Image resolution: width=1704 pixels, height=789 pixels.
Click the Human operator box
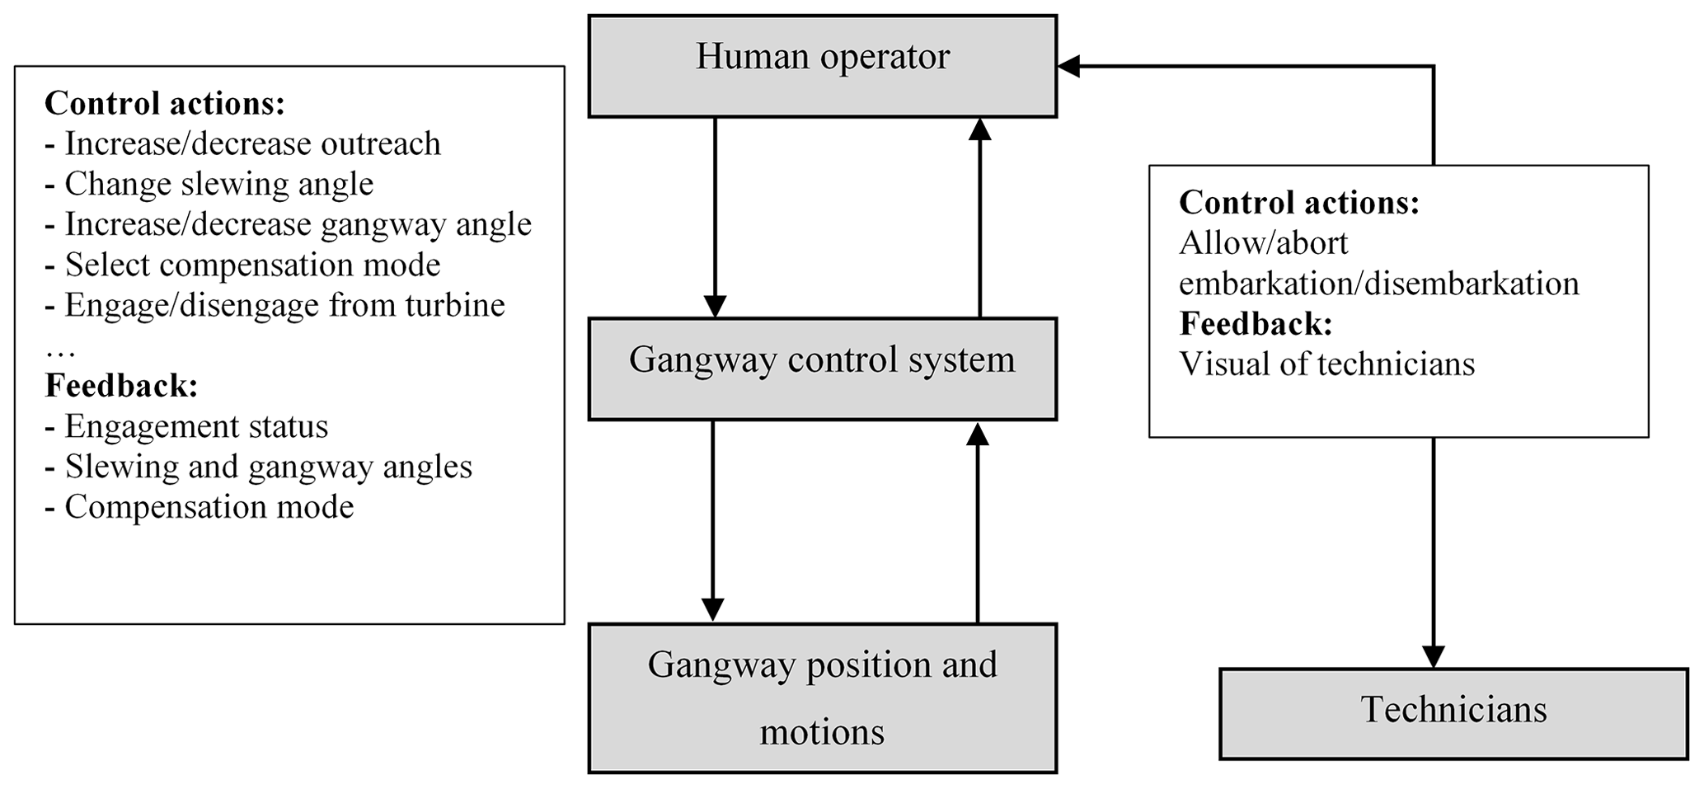click(822, 66)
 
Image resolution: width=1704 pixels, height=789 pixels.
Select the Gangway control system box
click(822, 369)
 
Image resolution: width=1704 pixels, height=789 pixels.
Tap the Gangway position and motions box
click(822, 697)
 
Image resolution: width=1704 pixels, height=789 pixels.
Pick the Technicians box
click(1453, 713)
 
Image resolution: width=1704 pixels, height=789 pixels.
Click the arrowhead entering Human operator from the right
click(1069, 67)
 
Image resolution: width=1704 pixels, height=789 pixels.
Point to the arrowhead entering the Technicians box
click(1434, 656)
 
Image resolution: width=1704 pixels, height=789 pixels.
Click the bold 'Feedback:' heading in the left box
click(121, 386)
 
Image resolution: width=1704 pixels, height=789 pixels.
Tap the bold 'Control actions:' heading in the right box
click(1298, 202)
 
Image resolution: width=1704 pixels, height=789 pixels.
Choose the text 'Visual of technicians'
click(1326, 364)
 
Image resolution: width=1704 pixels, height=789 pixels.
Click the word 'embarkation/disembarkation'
click(1378, 283)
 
